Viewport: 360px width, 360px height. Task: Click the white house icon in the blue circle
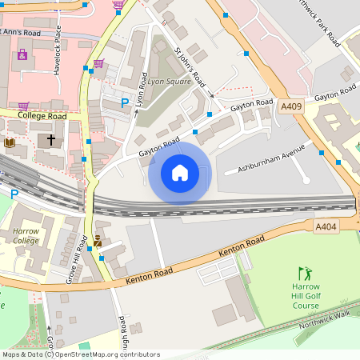pos(179,173)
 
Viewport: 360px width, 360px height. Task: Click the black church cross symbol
pos(52,140)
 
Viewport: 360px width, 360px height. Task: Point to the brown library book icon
pos(10,142)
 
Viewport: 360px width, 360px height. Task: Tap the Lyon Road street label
pos(142,89)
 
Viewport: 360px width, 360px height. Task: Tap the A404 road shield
pos(326,227)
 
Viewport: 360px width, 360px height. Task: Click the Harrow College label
pos(25,236)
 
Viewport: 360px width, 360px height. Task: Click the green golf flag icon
pos(304,274)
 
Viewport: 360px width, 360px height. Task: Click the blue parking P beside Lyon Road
pos(124,103)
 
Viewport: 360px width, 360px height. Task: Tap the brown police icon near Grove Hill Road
pos(98,240)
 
